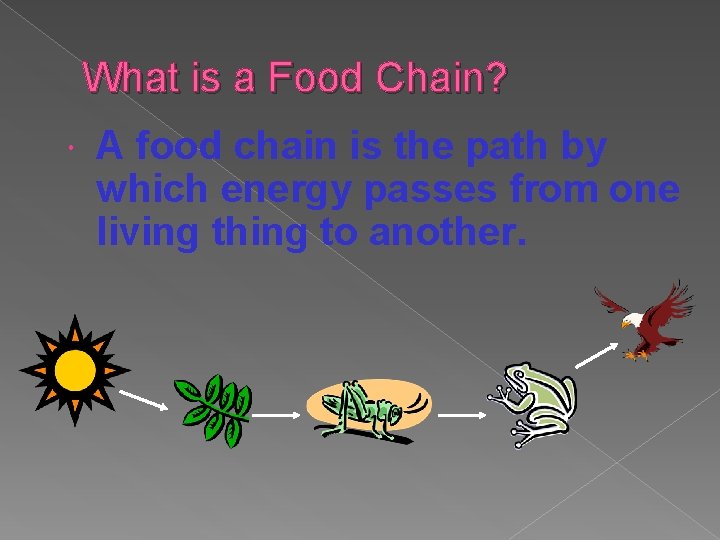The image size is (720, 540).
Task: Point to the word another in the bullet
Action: [446, 233]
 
